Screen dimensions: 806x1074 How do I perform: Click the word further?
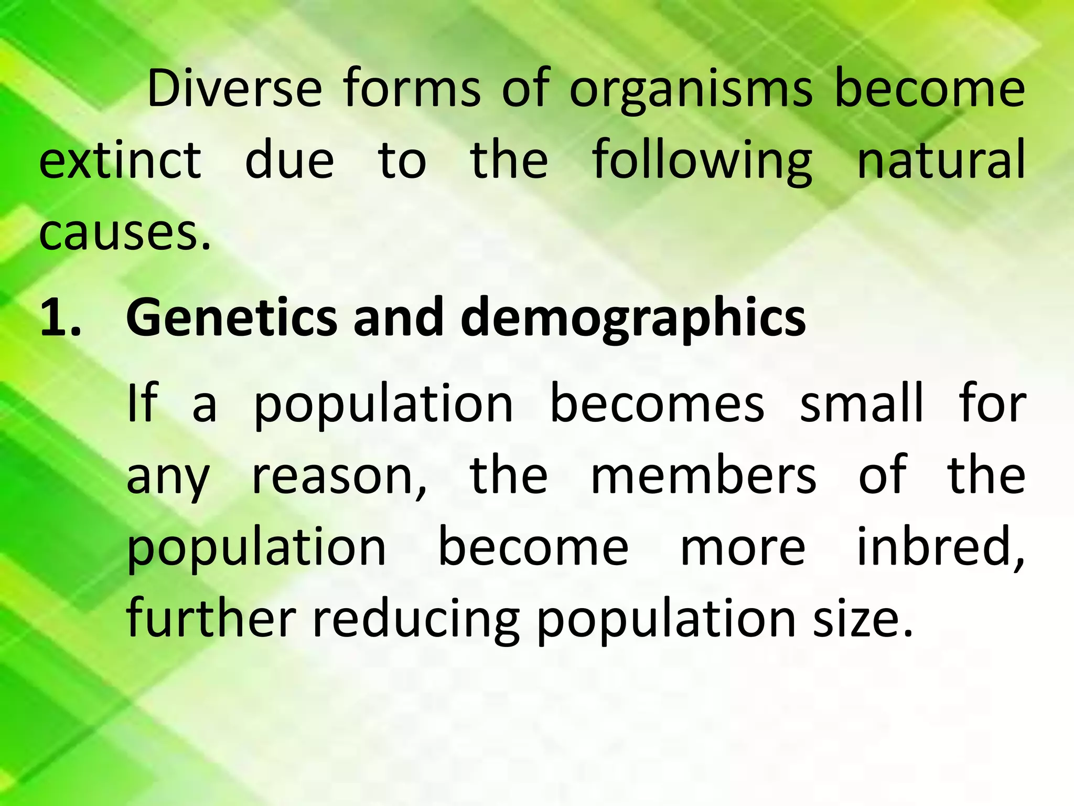pos(211,619)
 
